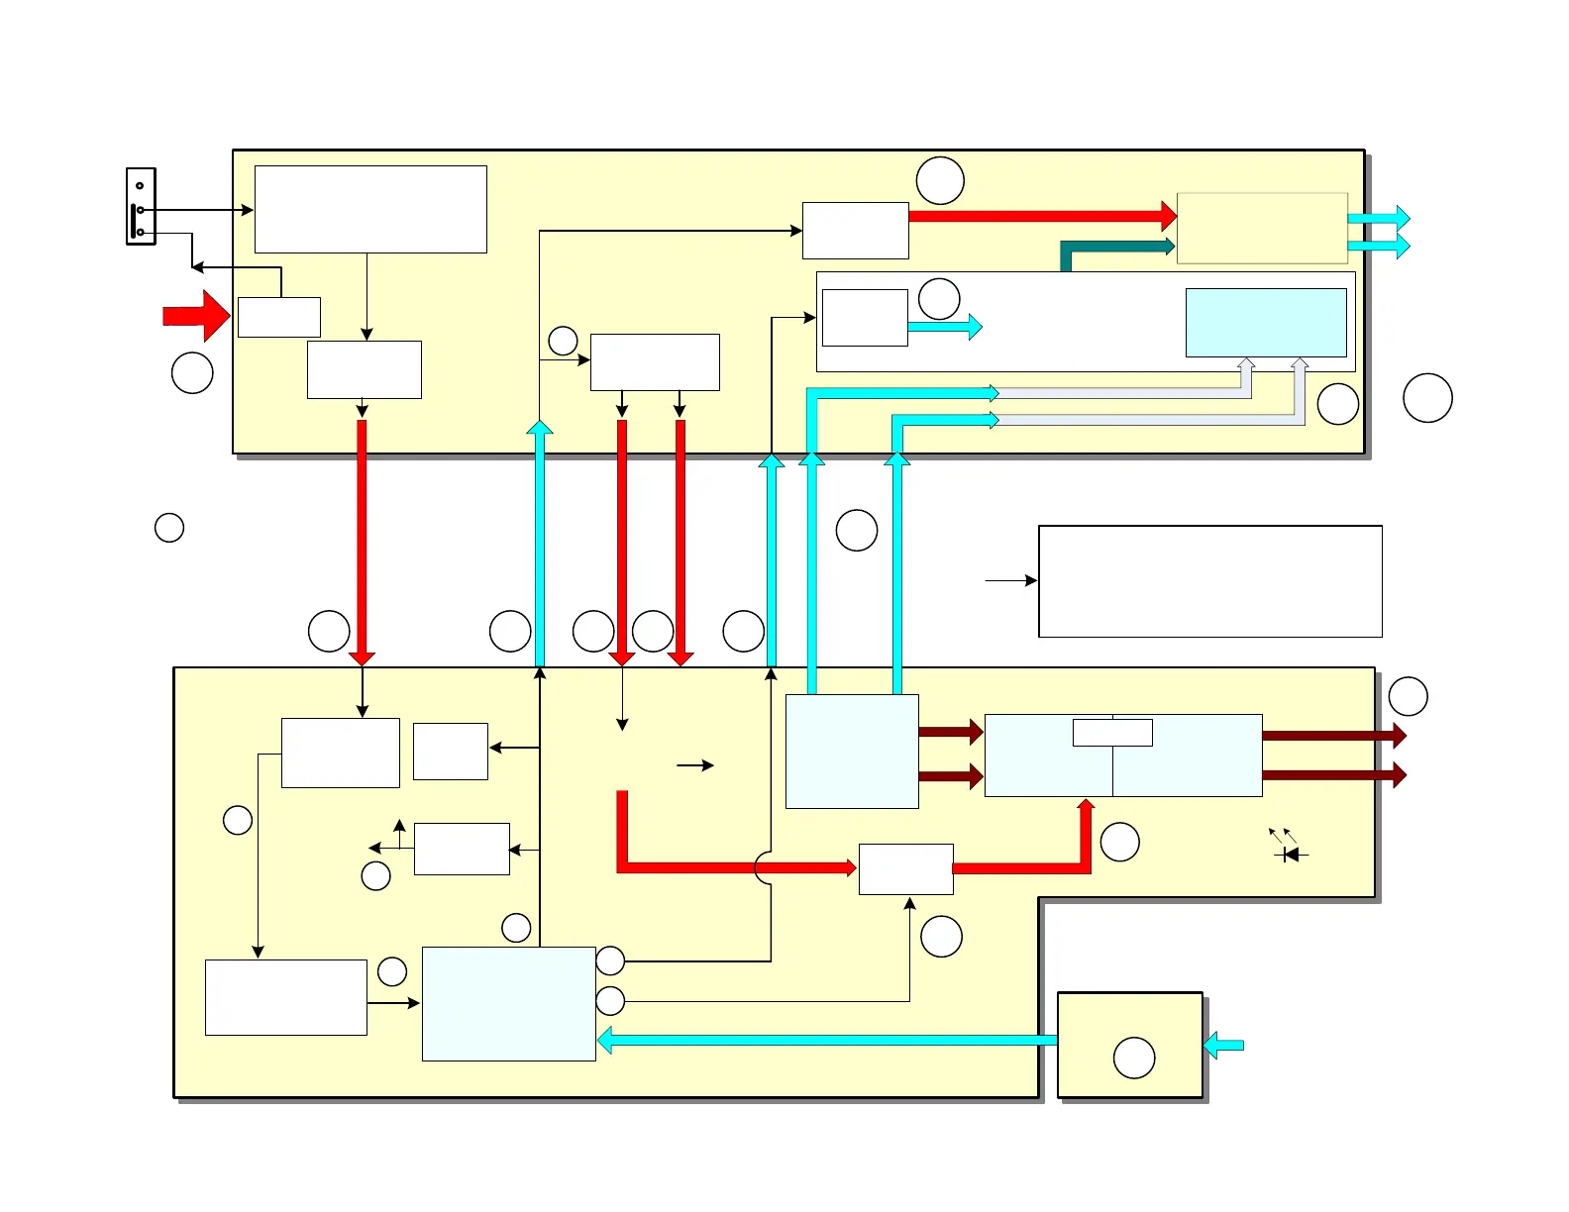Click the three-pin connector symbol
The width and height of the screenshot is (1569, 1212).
[x=141, y=206]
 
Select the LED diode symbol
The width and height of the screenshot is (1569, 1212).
[x=1290, y=854]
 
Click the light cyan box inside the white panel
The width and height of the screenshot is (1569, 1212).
[x=1266, y=323]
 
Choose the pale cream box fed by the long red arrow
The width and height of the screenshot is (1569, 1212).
[x=1262, y=228]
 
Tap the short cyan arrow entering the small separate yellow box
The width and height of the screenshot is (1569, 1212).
[x=1224, y=1045]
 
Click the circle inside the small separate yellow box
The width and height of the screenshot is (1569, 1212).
[x=1134, y=1058]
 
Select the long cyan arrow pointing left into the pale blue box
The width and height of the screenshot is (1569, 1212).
[x=827, y=1040]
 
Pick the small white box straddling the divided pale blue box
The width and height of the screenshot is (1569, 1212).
[x=1112, y=732]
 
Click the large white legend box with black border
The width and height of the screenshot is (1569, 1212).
[x=1209, y=581]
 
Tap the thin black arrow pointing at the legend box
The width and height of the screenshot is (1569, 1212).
[x=1010, y=580]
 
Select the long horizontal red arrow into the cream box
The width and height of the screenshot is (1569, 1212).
[x=1040, y=215]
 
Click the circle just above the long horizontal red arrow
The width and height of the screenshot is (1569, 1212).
[x=940, y=180]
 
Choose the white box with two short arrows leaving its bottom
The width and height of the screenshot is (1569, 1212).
[x=655, y=362]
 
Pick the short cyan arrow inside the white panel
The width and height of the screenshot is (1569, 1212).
[x=944, y=327]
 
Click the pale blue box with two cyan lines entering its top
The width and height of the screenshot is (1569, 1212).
[x=852, y=751]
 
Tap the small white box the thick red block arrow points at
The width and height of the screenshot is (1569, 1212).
[x=279, y=317]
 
